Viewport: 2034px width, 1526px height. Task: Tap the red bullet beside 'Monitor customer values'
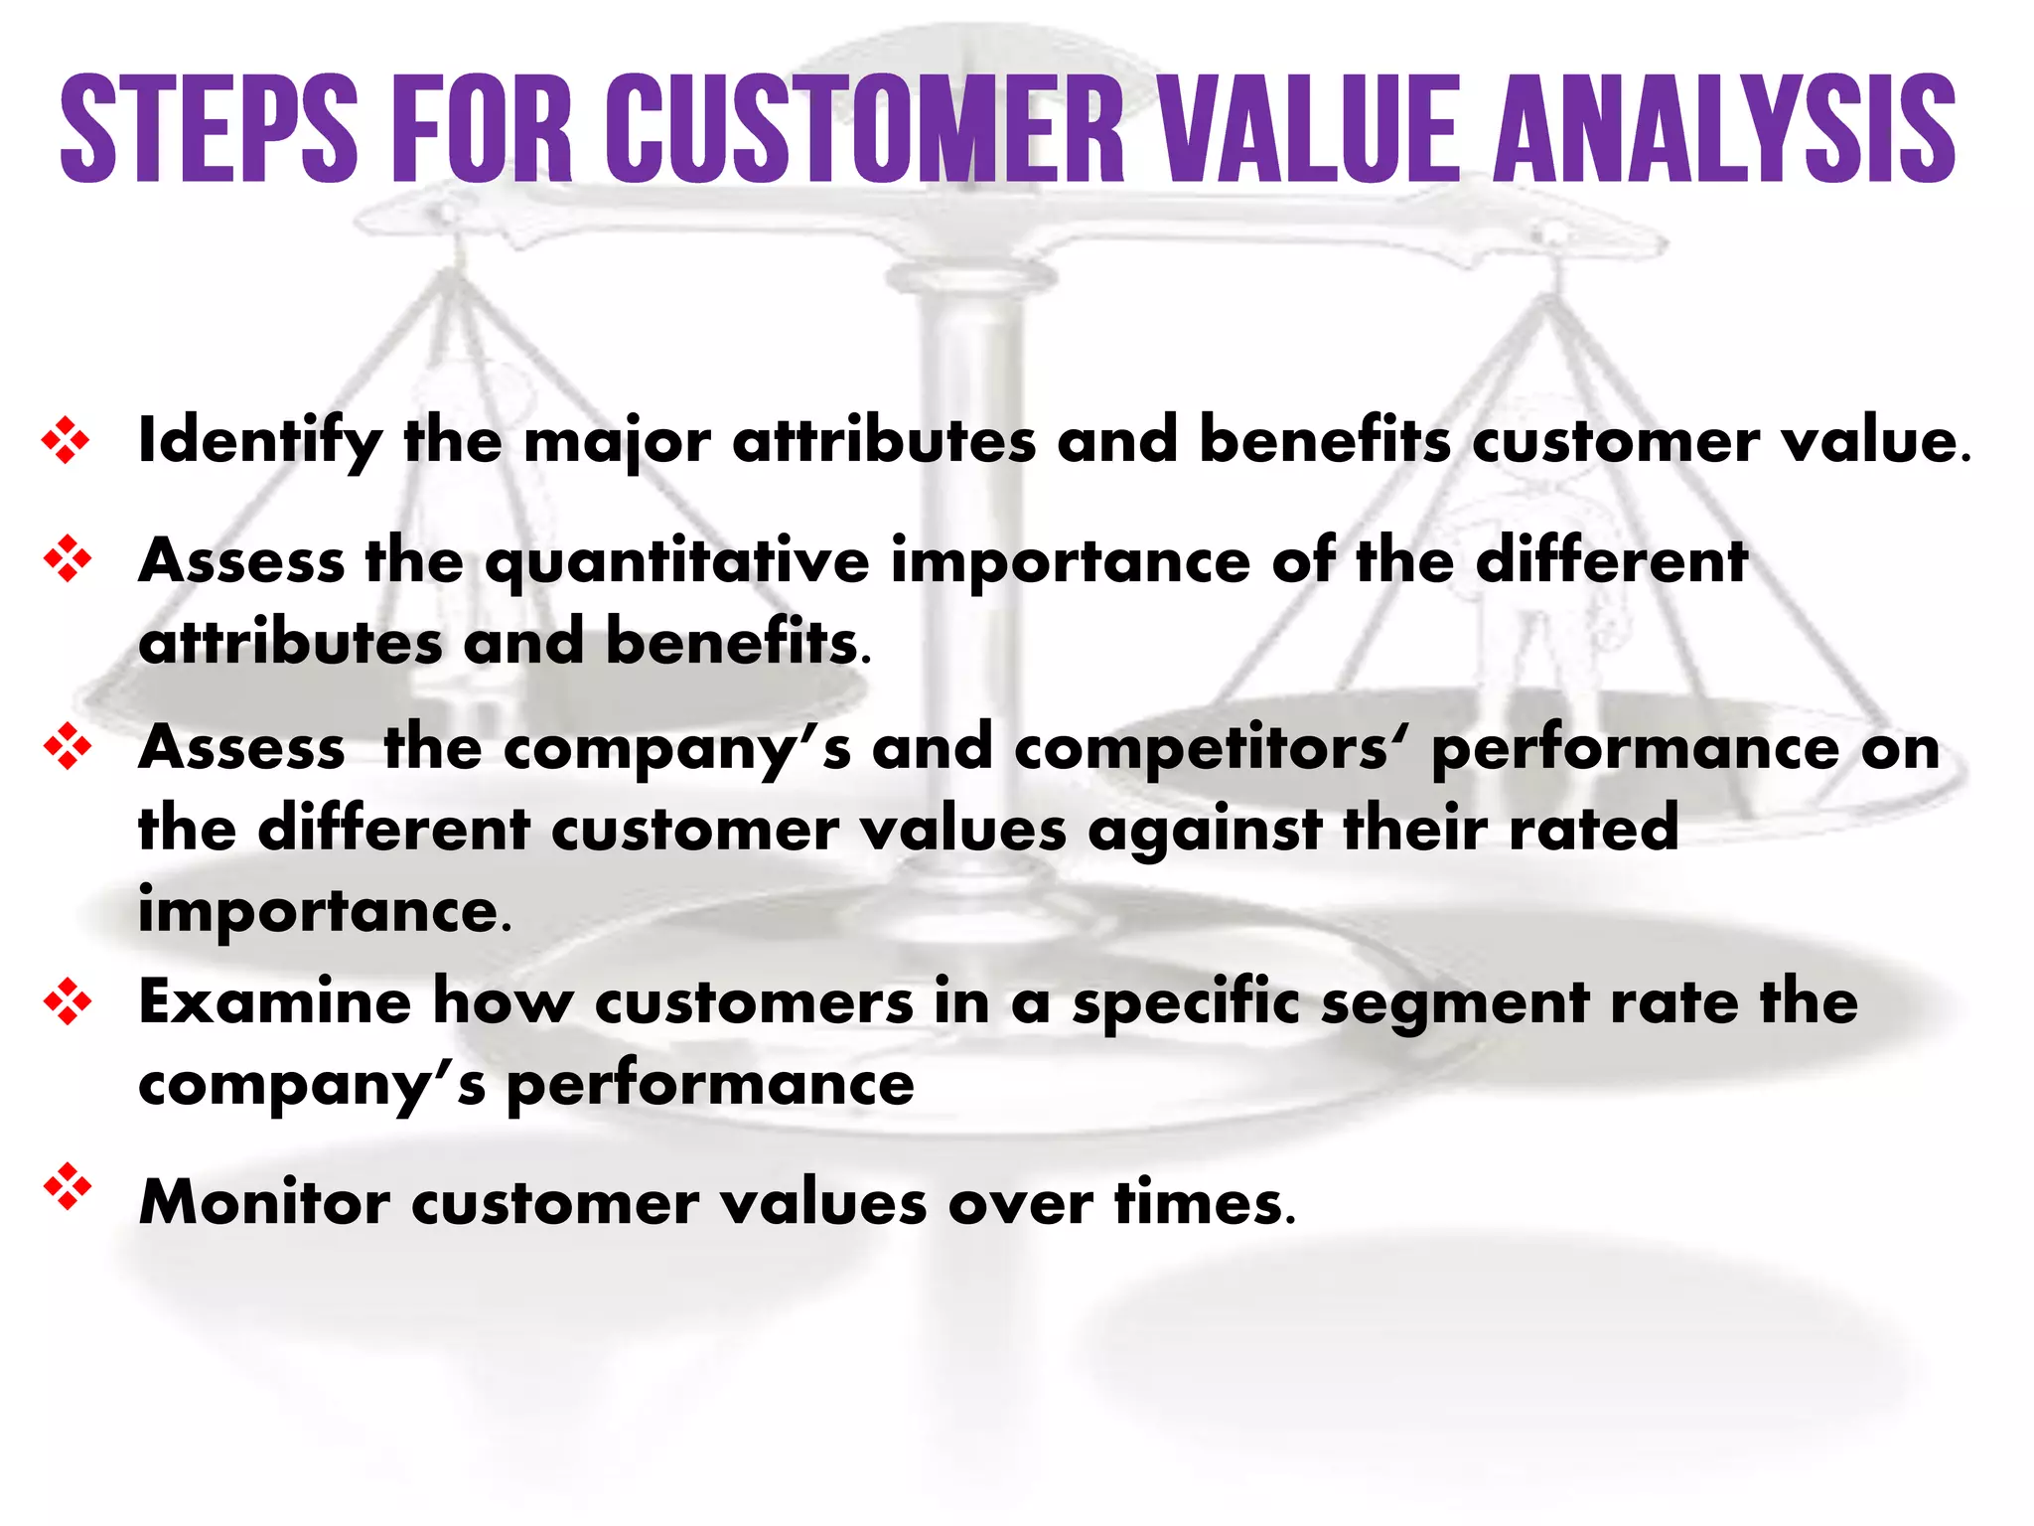pos(67,1186)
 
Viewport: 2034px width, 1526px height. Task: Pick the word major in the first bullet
pos(617,441)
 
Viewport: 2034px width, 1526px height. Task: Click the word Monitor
pos(264,1202)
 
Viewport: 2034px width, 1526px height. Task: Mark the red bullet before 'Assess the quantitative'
pos(67,558)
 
